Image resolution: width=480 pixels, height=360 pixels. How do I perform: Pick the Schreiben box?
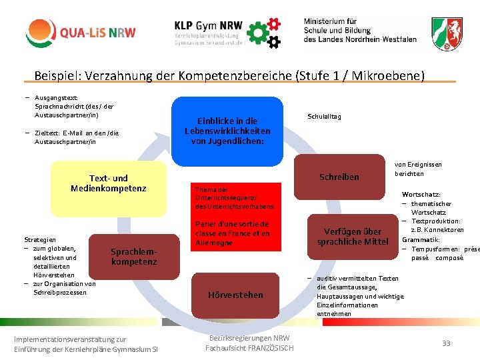click(339, 177)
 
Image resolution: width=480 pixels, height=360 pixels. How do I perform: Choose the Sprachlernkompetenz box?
click(133, 257)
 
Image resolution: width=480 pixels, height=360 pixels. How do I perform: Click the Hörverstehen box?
click(235, 295)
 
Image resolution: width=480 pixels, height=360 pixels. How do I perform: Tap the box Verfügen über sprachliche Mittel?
click(353, 237)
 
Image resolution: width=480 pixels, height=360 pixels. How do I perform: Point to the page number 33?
click(446, 343)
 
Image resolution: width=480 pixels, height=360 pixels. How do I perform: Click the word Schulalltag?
click(324, 117)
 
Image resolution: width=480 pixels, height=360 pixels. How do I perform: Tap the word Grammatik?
click(421, 239)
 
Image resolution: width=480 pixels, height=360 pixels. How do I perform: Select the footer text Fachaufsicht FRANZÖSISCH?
click(249, 348)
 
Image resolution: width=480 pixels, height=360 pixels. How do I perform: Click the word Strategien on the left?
click(40, 239)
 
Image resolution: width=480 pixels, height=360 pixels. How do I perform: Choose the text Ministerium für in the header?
click(331, 21)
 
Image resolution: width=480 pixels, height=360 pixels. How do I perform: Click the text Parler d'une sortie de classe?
click(231, 229)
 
